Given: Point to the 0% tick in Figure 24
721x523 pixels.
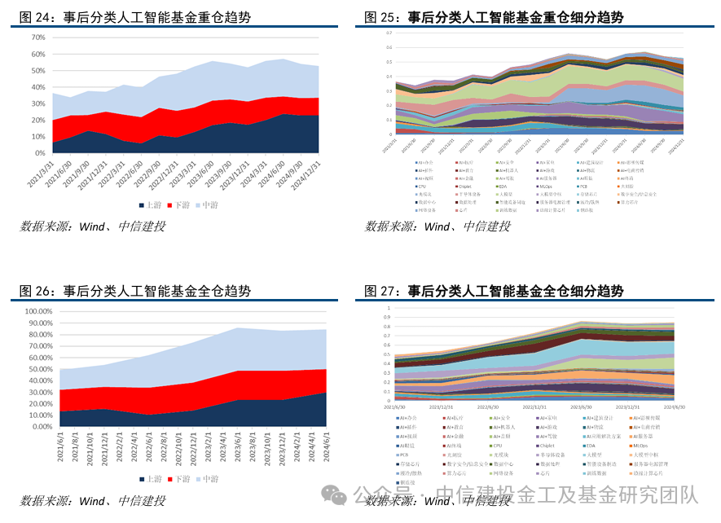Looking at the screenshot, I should point(37,153).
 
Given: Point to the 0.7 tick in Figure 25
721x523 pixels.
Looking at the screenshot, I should point(389,33).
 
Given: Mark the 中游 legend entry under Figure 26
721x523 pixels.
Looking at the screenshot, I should point(208,479).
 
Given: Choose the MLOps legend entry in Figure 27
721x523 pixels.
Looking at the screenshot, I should point(640,446).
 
